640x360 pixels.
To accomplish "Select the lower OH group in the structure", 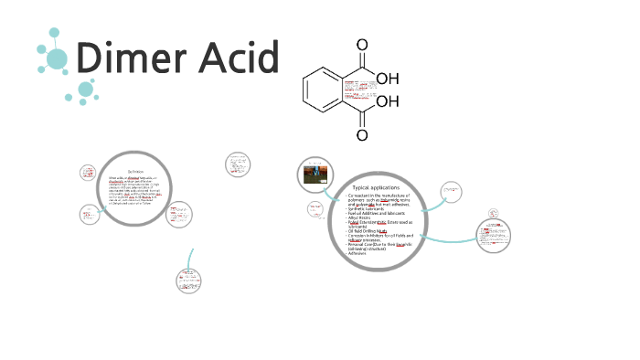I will (388, 102).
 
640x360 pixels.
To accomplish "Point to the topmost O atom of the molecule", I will (363, 45).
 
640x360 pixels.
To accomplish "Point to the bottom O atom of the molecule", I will (363, 135).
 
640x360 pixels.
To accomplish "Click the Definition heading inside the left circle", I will (136, 171).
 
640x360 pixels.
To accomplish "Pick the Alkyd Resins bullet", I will (363, 219).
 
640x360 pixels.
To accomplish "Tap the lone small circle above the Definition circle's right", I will (237, 164).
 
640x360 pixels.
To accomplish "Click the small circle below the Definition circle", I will (187, 281).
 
